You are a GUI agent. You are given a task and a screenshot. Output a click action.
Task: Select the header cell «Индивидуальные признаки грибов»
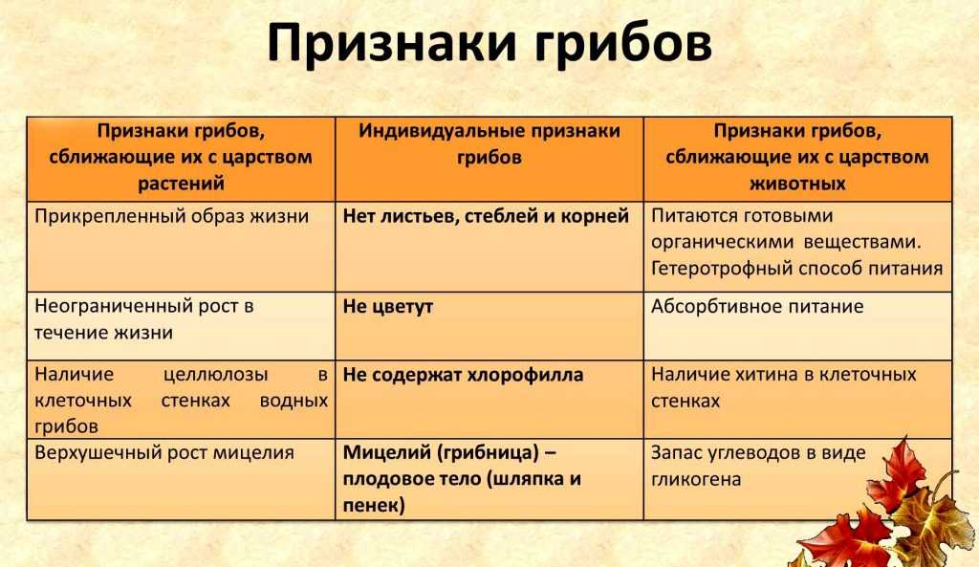coord(489,159)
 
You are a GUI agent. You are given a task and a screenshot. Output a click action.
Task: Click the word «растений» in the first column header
coord(181,184)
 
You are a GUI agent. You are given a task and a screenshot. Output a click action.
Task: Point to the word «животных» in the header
coord(797,184)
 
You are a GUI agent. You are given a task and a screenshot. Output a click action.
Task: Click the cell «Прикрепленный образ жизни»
coord(181,247)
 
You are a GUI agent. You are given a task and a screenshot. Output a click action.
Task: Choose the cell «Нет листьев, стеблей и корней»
coord(489,247)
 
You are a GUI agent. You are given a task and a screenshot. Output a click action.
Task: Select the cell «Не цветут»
coord(489,325)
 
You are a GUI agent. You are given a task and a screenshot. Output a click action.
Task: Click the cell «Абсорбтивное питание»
coord(798,325)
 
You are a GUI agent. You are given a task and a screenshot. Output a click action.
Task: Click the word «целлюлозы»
coord(215,375)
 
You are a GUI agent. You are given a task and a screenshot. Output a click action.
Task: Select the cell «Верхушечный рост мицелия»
coord(181,479)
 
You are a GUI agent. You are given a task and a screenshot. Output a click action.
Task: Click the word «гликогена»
coord(696,480)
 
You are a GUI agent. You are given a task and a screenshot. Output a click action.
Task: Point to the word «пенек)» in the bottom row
coord(374,505)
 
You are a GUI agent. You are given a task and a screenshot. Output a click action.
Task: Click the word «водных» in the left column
coord(294,401)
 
